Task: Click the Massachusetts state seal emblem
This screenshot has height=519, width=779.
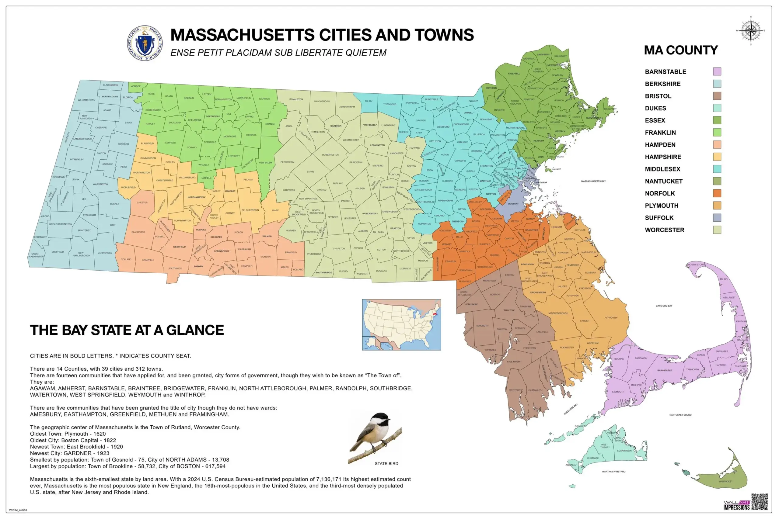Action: (145, 43)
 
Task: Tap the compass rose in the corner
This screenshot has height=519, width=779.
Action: (751, 30)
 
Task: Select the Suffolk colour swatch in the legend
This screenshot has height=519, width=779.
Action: (717, 217)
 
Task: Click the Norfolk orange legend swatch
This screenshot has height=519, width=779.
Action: (717, 193)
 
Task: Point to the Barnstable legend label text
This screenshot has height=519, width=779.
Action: (665, 72)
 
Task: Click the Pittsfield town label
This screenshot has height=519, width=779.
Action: (77, 159)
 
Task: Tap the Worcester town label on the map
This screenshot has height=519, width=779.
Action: (370, 213)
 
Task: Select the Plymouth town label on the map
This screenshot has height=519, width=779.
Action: (611, 317)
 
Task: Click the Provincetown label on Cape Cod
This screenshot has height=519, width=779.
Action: (696, 265)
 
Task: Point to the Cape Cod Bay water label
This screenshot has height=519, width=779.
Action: (664, 306)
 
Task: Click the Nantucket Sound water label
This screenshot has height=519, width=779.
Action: (680, 415)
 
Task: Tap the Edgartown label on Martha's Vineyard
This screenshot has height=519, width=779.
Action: (624, 451)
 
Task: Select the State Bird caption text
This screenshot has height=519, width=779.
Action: (386, 463)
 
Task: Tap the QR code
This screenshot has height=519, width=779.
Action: (760, 501)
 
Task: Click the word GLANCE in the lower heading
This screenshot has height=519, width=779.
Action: (195, 330)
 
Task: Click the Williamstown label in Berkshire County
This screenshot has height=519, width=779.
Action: (86, 100)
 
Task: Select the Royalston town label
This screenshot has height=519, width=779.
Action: (296, 99)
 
